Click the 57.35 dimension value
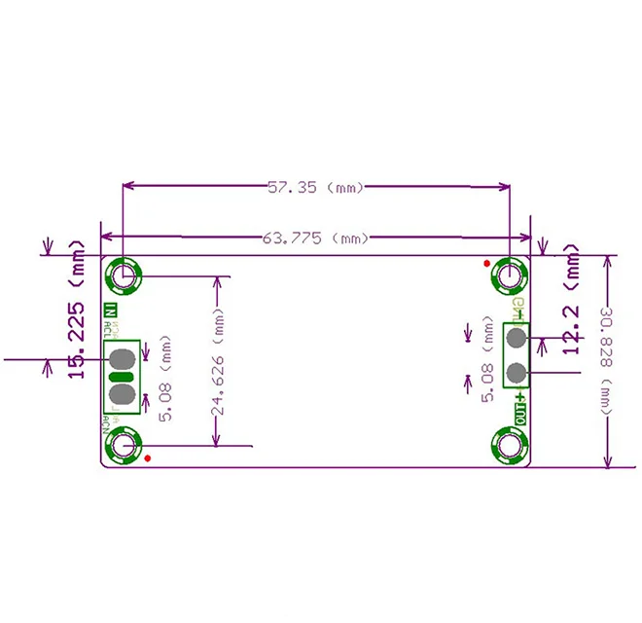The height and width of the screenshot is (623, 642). [x=291, y=187]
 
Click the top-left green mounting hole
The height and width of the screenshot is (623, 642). [x=124, y=277]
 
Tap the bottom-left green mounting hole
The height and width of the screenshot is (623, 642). [x=124, y=447]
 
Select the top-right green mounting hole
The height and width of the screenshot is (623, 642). [x=510, y=277]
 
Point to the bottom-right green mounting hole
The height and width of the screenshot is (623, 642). [x=510, y=447]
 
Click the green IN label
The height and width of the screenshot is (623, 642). [x=111, y=312]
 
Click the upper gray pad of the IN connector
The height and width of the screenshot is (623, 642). [x=123, y=357]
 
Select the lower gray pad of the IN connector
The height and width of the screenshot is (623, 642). [x=123, y=394]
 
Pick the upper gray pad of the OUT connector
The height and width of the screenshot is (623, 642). [x=516, y=338]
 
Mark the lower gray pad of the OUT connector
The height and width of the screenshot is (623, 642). [x=516, y=373]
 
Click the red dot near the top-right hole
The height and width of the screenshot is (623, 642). [x=486, y=263]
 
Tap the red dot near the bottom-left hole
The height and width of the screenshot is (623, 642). [x=147, y=458]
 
